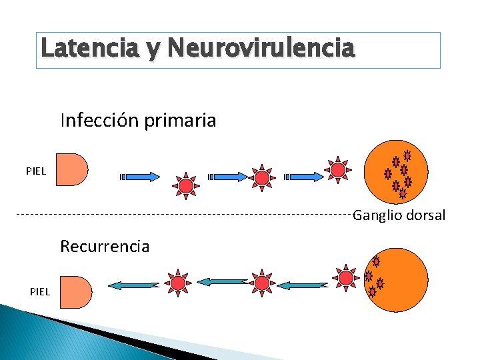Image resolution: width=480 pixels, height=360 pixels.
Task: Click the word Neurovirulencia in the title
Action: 262,48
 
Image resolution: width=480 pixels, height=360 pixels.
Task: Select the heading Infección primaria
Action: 138,121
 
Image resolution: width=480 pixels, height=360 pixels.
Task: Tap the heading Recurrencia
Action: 105,247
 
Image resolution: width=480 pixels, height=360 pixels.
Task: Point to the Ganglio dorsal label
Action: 399,215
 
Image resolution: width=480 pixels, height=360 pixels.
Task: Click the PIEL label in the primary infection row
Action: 36,171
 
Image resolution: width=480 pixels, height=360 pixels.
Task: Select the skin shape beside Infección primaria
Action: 71,169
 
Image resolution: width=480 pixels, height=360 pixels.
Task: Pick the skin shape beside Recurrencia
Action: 75,292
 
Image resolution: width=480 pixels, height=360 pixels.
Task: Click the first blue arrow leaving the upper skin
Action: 141,177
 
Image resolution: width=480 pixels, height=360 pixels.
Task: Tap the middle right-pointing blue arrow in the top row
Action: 229,177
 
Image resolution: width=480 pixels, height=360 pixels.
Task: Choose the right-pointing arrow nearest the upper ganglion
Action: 305,177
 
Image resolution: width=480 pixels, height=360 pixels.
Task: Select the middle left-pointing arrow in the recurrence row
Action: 223,282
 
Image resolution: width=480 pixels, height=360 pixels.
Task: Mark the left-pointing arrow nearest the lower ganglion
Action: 303,285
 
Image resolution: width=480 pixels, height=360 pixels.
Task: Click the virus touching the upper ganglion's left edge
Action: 339,170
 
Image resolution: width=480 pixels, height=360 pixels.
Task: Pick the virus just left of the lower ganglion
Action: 345,277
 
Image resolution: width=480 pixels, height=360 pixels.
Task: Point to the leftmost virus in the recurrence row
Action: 178,283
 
